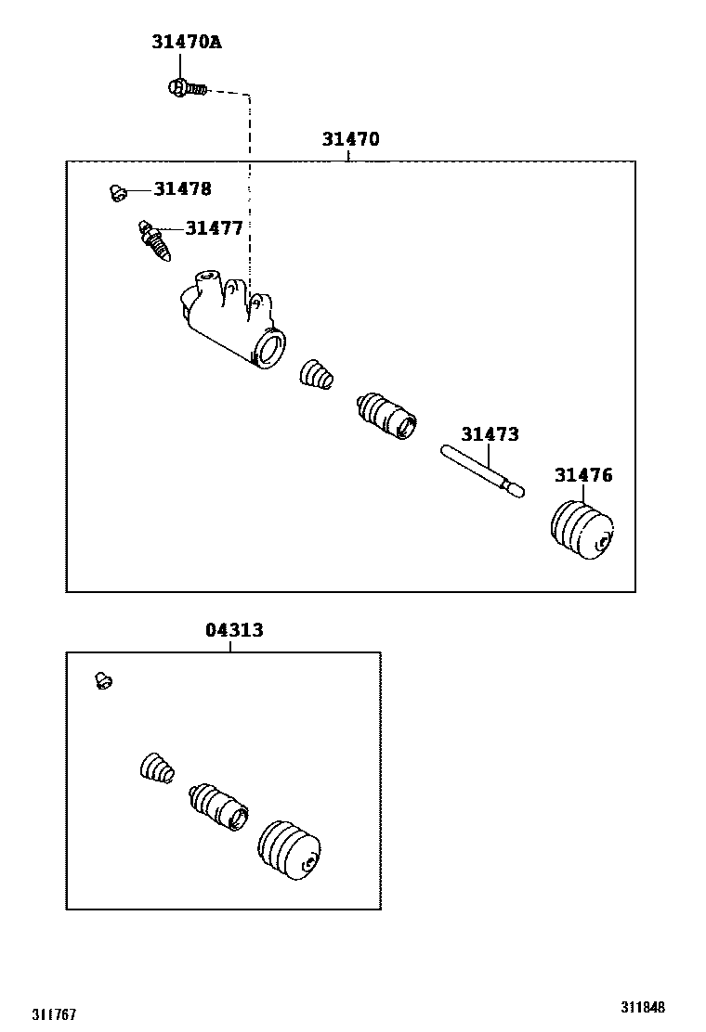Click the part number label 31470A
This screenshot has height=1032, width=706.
click(187, 42)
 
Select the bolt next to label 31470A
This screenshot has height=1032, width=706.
click(183, 87)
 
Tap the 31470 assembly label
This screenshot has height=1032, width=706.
click(350, 140)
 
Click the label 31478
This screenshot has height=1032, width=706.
click(182, 189)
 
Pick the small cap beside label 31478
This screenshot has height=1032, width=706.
click(116, 192)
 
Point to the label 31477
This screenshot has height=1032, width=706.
click(214, 228)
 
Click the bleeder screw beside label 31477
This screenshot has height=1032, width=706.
click(154, 241)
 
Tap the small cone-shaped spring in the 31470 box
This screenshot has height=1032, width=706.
click(315, 374)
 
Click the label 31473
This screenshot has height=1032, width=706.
click(490, 434)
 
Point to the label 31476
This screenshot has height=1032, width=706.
click(583, 475)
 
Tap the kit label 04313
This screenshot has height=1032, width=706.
click(233, 630)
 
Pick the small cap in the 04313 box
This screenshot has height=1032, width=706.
click(104, 682)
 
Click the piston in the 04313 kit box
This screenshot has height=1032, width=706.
click(219, 806)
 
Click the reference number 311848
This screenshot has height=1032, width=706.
click(643, 1007)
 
